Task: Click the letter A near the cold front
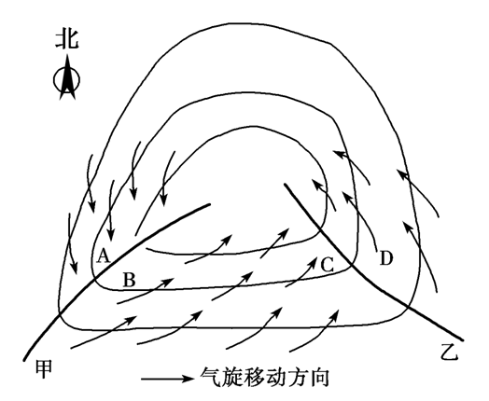pos(104,256)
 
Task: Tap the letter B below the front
pos(130,280)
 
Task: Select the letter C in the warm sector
pos(328,265)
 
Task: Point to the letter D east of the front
pos(385,258)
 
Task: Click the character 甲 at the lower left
pos(44,369)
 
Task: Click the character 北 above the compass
pos(67,39)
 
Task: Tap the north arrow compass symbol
pos(67,78)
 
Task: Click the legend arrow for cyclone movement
pos(167,379)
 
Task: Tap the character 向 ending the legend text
pos(320,378)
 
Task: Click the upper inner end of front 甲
pos(209,205)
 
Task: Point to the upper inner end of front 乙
pos(286,185)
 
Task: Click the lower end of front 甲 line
pos(24,360)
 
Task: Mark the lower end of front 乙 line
pos(462,339)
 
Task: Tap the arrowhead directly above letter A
pos(111,236)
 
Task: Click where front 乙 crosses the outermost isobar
pos(407,308)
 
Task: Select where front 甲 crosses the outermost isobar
pos(59,315)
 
